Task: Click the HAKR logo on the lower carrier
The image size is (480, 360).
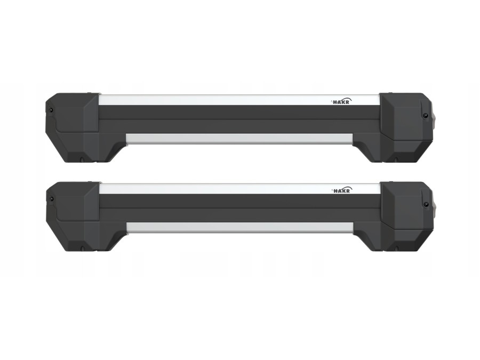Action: point(342,190)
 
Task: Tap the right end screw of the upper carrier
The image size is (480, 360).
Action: point(425,115)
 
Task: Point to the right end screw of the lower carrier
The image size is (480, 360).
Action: point(425,204)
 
